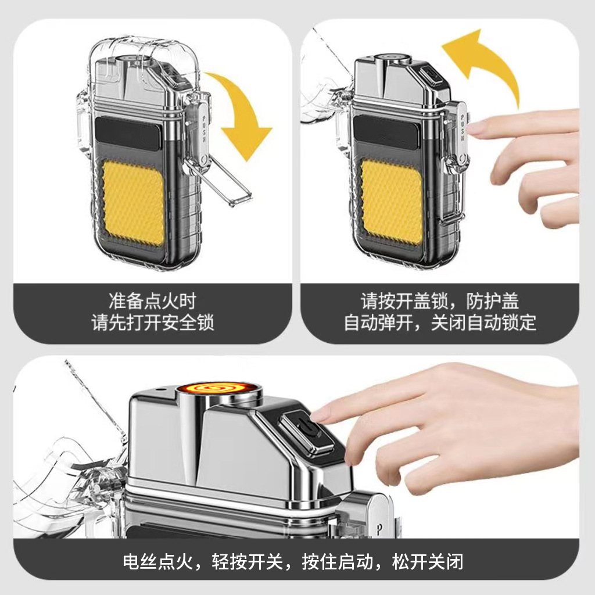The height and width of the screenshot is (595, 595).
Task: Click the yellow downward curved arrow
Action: (x=244, y=113)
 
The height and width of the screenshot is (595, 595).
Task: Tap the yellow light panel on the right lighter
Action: (x=392, y=201)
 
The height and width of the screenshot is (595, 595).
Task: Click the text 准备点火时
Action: (x=153, y=302)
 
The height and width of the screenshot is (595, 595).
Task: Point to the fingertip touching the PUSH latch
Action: (x=473, y=128)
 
